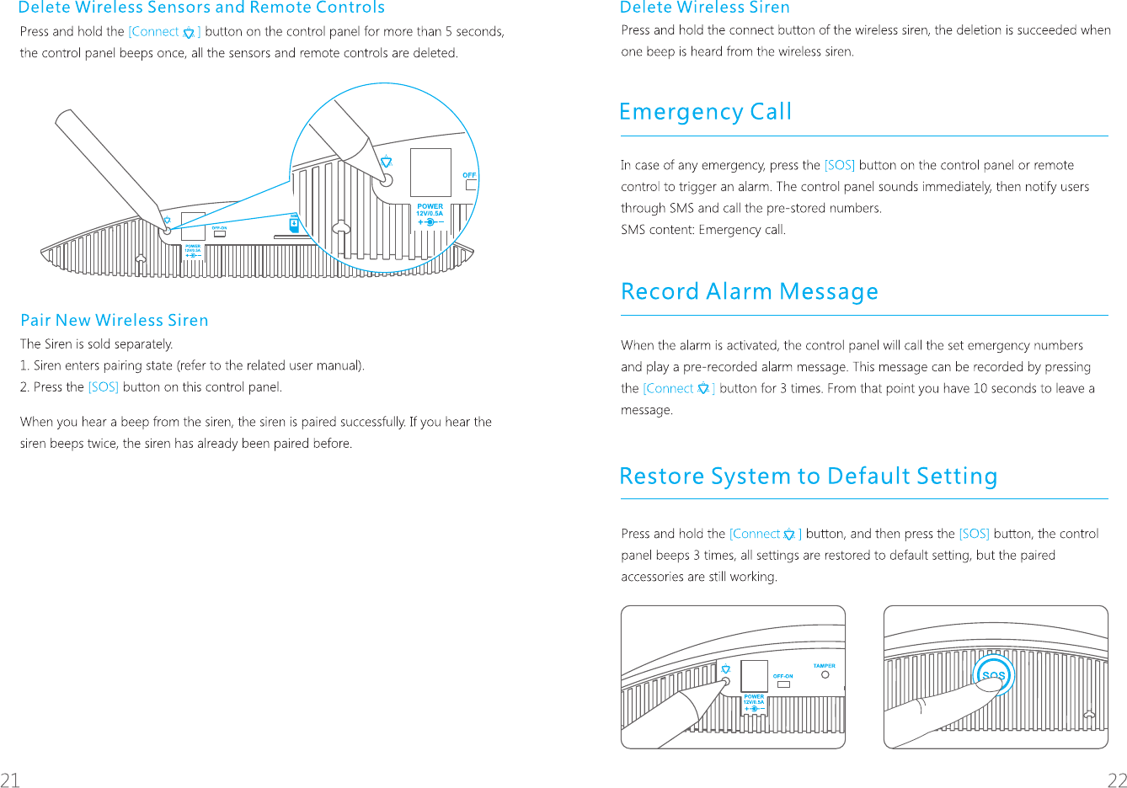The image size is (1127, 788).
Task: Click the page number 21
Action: tap(10, 779)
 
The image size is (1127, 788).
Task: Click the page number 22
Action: tap(1117, 779)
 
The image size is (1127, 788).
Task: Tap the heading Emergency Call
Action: tap(705, 112)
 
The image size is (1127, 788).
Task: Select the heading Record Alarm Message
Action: tap(749, 291)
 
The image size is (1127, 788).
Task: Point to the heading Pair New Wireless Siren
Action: tap(114, 320)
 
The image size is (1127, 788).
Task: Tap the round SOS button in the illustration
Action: tap(994, 675)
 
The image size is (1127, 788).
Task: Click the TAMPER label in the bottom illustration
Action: tap(824, 666)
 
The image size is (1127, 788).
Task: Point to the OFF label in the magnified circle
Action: tap(469, 175)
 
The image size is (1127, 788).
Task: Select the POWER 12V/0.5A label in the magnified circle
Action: tap(430, 210)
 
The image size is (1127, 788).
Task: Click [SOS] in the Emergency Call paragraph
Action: tap(839, 165)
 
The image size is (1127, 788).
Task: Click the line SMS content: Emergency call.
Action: tap(702, 230)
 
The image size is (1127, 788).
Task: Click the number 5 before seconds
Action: tap(449, 32)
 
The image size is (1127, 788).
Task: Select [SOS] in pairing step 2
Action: tap(103, 387)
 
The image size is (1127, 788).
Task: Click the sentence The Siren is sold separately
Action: tap(96, 343)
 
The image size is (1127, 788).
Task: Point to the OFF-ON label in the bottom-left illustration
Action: tap(782, 676)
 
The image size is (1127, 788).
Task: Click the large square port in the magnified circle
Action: tap(430, 172)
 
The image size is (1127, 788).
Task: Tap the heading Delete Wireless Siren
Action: tap(704, 8)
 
